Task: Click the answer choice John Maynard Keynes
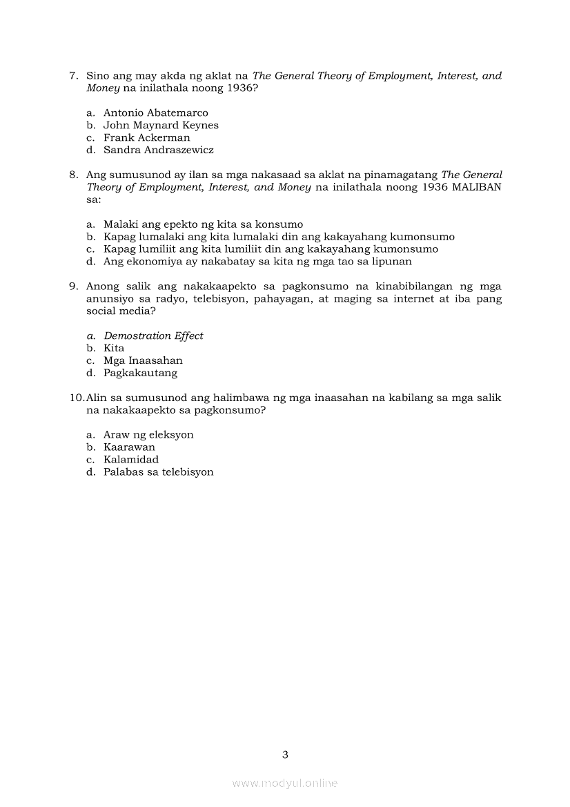pos(161,125)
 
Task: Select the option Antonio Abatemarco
pos(155,113)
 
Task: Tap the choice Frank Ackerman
pos(146,137)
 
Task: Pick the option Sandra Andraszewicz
pos(158,150)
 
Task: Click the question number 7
pos(73,76)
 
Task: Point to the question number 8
pos(73,175)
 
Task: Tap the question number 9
pos(73,286)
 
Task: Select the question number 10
pos(77,398)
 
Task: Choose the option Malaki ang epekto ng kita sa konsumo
pos(203,224)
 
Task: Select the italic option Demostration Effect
pos(153,336)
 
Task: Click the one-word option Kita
pos(114,348)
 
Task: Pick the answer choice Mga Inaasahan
pos(143,360)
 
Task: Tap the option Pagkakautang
pos(140,373)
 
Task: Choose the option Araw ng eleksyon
pos(148,435)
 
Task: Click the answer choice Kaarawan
pos(129,447)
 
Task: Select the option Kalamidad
pos(130,460)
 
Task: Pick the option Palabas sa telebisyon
pos(158,472)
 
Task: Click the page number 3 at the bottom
pos(285,755)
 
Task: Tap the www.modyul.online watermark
pos(285,784)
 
